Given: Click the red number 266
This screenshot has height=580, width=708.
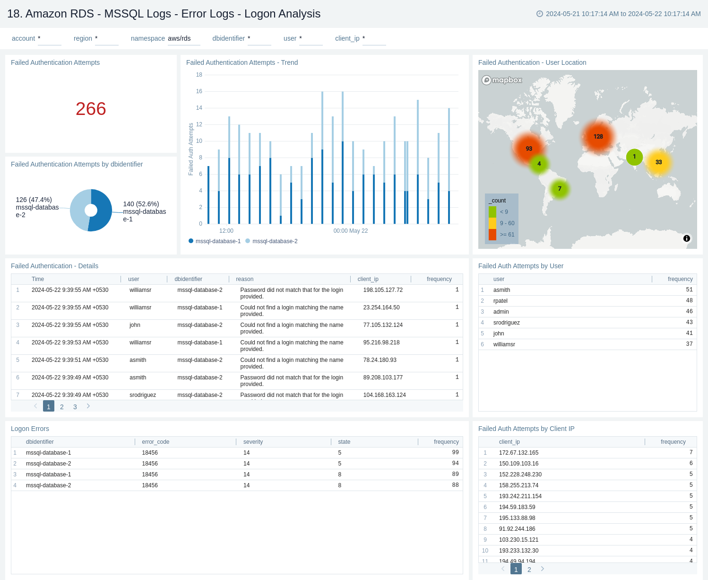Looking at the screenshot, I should tap(91, 109).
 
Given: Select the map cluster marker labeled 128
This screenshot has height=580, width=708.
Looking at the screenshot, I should tap(598, 137).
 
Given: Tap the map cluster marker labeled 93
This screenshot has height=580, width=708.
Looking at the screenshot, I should tap(528, 149).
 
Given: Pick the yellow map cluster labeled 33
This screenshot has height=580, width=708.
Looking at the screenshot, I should tap(658, 162).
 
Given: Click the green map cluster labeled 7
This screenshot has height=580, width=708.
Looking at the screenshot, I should tap(559, 189).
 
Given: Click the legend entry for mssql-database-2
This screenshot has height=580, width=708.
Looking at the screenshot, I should tap(275, 241).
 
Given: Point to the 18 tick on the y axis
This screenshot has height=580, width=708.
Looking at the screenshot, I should tap(199, 75).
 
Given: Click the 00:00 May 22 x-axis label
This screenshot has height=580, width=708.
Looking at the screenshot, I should tap(350, 231).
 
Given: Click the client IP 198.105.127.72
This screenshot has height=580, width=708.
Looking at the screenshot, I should tap(383, 290).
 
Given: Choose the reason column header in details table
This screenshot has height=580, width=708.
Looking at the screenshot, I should tap(245, 279).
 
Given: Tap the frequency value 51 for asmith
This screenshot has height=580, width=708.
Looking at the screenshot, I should tap(689, 290).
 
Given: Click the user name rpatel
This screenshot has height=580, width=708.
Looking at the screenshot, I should tap(500, 301).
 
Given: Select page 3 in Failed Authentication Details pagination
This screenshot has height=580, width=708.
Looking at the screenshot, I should tap(75, 407).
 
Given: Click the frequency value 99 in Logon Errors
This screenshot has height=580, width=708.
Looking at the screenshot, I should tap(455, 453).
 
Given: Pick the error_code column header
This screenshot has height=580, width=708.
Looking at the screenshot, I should tap(155, 442).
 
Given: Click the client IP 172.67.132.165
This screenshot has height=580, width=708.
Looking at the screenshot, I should tap(518, 453).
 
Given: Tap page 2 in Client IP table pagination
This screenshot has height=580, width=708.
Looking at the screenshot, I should tap(529, 570).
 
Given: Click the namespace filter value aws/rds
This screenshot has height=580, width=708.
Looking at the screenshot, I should tap(179, 38).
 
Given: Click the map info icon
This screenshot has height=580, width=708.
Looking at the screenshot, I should tap(686, 238).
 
